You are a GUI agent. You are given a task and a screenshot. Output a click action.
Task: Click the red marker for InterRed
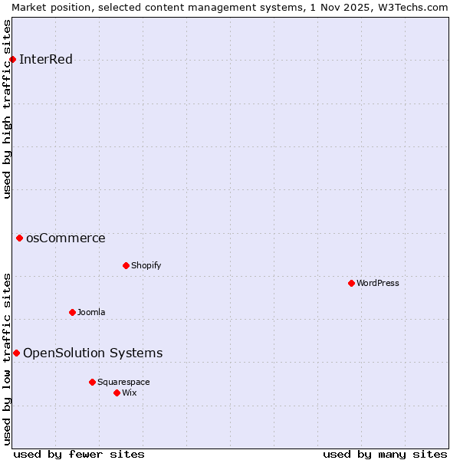point(12,60)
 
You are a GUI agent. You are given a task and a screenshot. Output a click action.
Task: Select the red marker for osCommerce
point(19,238)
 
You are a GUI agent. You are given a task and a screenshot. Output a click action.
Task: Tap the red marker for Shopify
point(126,265)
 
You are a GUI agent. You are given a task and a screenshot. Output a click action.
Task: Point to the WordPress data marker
point(351,283)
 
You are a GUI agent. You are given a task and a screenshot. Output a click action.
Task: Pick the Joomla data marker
point(72,312)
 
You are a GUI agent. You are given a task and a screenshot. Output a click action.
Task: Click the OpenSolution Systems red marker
point(16,353)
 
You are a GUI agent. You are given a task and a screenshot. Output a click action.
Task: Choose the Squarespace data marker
point(92,382)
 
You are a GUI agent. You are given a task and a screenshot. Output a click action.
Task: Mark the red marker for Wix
point(117,393)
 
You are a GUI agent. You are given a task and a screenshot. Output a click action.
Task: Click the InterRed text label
point(46,60)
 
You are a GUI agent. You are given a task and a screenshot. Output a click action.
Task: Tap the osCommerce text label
point(66,238)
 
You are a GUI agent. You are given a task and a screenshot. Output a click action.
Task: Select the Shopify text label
point(146,265)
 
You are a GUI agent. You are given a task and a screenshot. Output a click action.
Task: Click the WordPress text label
point(378,283)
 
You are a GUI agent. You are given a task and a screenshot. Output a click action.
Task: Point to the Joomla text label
point(91,312)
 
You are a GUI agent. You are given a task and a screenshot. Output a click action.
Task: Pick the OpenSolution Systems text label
point(93,353)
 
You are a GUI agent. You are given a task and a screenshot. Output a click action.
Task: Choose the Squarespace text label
point(123,382)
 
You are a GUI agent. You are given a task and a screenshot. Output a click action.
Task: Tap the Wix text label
point(130,393)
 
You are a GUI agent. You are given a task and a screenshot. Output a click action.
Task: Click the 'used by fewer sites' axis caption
point(79,454)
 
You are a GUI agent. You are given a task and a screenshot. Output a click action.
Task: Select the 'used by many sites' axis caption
point(385,454)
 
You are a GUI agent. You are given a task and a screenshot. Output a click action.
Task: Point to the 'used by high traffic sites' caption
point(7,109)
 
